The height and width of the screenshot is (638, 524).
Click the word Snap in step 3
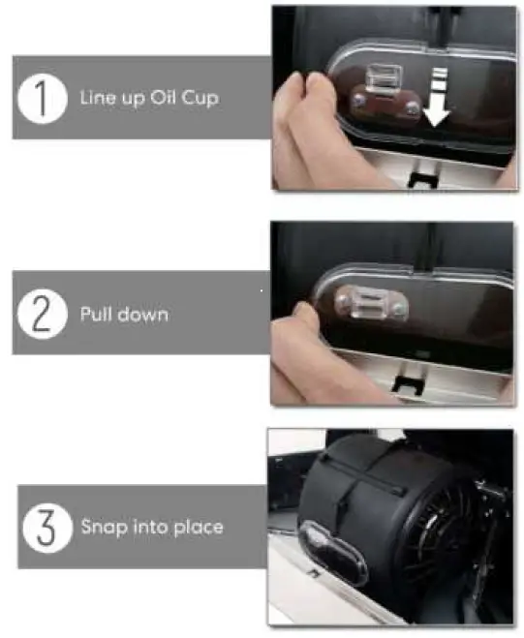[x=102, y=527]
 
